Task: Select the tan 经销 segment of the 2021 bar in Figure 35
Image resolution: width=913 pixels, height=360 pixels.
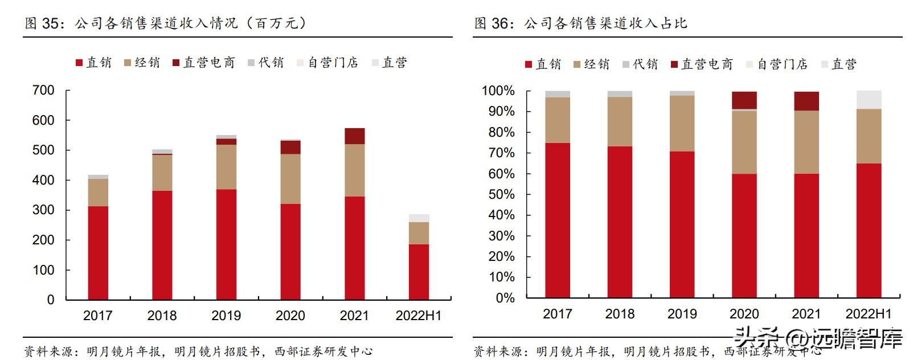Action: (x=354, y=170)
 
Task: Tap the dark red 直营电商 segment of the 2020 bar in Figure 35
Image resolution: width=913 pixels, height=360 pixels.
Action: (x=290, y=148)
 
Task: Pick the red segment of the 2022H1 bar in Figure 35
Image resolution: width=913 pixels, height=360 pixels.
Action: (x=419, y=272)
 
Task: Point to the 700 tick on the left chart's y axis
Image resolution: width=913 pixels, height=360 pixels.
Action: (x=43, y=91)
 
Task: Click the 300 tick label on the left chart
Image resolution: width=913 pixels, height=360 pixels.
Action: (x=43, y=210)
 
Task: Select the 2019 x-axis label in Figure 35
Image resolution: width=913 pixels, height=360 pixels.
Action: (x=226, y=316)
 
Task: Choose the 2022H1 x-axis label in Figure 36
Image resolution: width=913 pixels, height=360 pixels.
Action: (x=868, y=314)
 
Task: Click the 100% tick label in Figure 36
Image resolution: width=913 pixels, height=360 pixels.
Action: (x=498, y=91)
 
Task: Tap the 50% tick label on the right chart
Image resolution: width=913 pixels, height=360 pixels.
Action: (x=501, y=194)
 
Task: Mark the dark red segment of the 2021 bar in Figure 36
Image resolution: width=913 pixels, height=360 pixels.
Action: (x=806, y=101)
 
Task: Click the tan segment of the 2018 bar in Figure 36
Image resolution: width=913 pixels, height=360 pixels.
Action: (x=620, y=121)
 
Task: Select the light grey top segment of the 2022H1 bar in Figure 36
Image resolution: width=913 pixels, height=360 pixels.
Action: (x=869, y=99)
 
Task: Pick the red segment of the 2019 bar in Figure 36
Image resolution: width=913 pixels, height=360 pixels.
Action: (x=682, y=224)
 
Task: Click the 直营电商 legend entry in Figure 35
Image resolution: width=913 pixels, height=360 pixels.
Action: (x=203, y=63)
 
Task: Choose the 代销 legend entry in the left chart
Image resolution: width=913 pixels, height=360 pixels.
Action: (x=265, y=63)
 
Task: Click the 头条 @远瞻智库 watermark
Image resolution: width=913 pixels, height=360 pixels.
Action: (x=818, y=338)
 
